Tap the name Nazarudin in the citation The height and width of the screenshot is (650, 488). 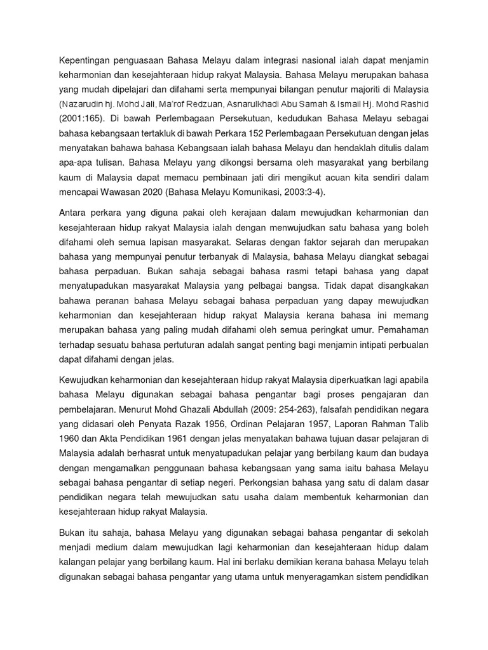tap(86, 103)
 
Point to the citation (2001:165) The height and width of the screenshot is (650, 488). tap(85, 118)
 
